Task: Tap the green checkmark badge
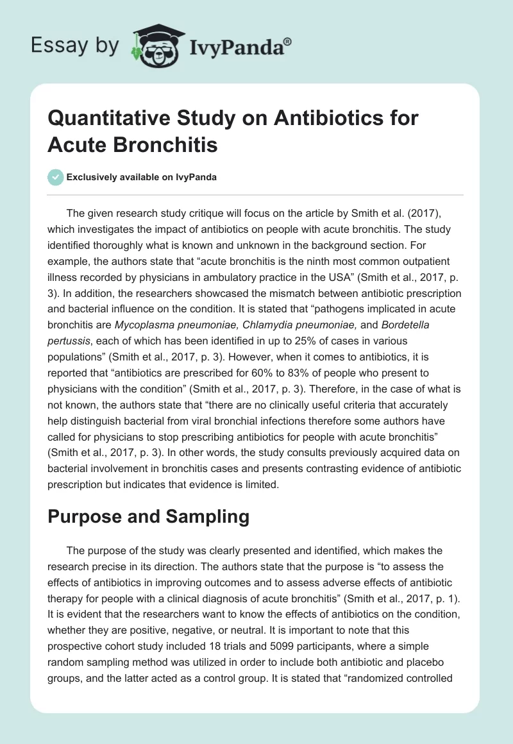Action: tap(56, 177)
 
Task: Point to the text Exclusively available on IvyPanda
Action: tap(142, 177)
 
